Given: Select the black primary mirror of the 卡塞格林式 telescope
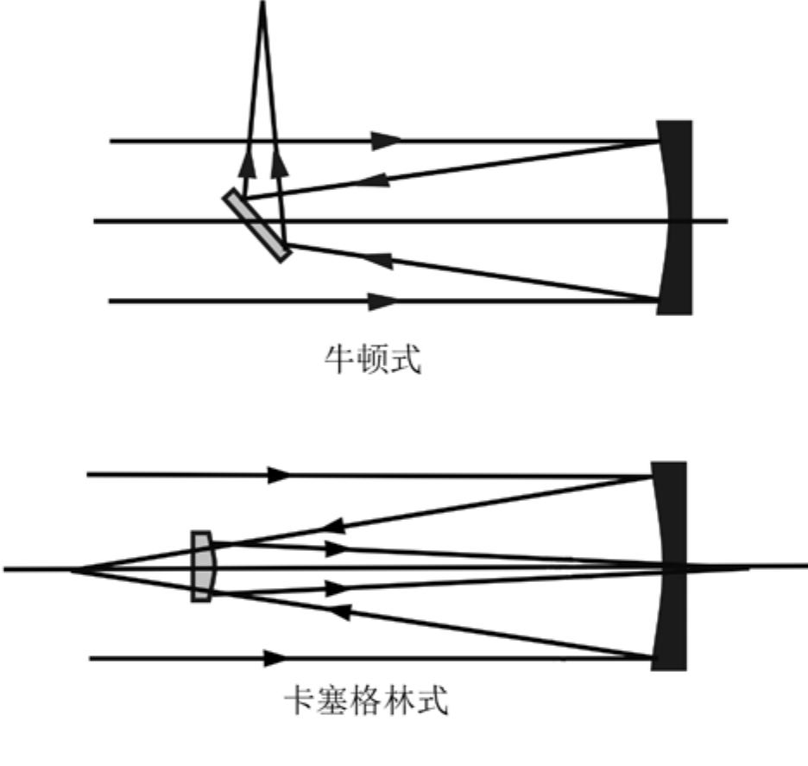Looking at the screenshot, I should coord(669,566).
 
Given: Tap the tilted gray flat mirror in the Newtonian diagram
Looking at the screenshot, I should coord(256,225).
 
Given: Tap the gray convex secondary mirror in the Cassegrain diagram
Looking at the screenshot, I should coord(202,567).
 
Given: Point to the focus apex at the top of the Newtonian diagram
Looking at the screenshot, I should coord(262,5).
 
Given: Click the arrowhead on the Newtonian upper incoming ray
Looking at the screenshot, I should coord(387,140).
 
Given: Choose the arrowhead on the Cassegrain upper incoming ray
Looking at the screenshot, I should coord(278,474).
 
